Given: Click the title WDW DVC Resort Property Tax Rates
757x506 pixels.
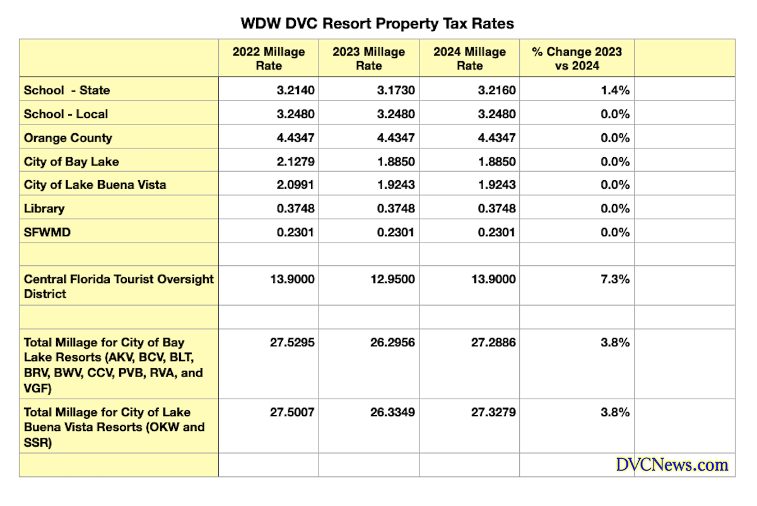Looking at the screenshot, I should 377,24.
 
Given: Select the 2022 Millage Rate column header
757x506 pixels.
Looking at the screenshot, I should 268,59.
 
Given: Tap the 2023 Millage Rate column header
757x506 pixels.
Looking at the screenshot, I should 368,59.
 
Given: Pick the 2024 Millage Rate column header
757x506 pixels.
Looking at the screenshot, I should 469,59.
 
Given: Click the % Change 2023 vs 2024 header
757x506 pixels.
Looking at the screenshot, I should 577,59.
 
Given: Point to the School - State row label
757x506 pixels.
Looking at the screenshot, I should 67,90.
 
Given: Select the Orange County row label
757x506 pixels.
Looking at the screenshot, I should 68,138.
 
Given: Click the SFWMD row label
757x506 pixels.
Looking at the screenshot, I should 47,232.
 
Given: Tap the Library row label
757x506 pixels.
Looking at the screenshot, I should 44,208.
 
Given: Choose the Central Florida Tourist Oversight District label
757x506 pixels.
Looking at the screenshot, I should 119,286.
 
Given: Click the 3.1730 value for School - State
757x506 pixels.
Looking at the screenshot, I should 395,90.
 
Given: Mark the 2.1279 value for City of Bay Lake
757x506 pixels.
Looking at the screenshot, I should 294,162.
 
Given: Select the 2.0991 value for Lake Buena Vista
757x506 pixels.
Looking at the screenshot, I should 294,185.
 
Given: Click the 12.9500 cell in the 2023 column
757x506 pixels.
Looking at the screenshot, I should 392,279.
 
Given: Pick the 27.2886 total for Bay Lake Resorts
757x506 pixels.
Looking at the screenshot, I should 493,342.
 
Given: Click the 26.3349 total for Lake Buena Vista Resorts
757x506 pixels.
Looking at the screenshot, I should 392,413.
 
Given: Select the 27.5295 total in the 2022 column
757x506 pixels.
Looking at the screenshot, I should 291,342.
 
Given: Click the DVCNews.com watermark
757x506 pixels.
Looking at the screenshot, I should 672,465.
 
